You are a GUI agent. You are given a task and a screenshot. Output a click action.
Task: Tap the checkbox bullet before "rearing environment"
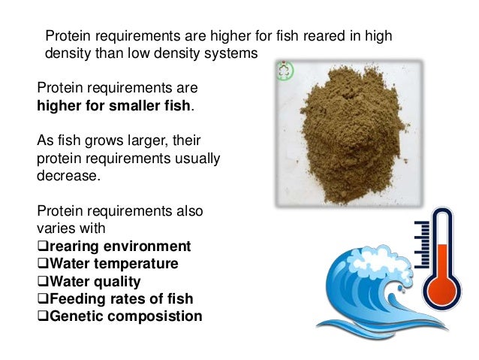coord(42,247)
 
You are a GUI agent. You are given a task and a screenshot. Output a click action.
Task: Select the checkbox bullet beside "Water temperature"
coord(42,265)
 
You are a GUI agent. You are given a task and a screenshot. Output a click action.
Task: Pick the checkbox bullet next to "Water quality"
coord(42,282)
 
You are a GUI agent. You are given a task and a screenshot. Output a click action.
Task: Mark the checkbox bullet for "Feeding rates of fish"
coord(42,299)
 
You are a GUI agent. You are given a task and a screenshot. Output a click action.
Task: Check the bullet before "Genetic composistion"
coord(42,316)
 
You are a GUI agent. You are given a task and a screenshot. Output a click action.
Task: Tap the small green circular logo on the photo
coord(284,71)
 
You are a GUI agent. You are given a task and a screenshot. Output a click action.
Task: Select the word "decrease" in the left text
coord(66,175)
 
